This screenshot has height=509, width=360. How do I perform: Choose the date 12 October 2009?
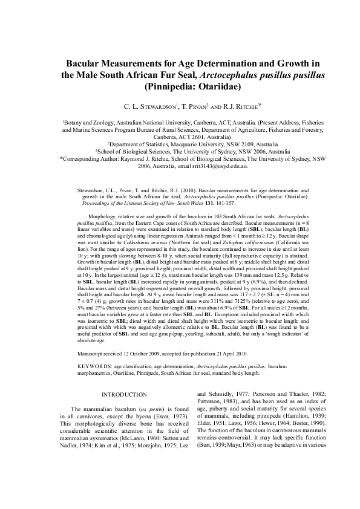click(149, 352)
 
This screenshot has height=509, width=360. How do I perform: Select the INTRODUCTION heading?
click(120, 395)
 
